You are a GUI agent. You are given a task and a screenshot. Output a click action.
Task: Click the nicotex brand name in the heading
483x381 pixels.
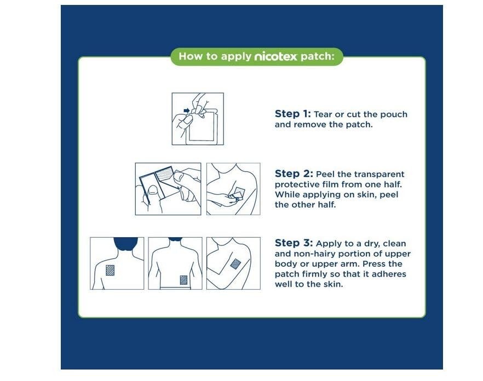(275, 56)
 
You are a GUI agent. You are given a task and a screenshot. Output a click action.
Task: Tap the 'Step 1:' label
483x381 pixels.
(292, 114)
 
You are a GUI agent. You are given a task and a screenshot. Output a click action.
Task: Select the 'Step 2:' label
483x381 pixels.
(294, 174)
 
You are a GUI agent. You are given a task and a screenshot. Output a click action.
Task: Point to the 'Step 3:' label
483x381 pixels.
(294, 243)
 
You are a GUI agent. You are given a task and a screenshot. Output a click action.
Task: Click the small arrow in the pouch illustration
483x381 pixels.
(186, 111)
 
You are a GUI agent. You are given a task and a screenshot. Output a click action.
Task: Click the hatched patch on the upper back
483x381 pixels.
(110, 270)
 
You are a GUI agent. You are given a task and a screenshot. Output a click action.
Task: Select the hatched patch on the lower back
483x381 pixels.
(183, 280)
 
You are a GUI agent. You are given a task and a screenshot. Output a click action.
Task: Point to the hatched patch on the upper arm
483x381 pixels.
(235, 264)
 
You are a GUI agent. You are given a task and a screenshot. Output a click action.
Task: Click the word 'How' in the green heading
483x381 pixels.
(187, 56)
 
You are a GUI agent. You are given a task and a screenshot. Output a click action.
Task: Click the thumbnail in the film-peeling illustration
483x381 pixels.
(153, 190)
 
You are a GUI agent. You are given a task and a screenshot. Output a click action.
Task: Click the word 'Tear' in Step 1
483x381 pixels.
(323, 114)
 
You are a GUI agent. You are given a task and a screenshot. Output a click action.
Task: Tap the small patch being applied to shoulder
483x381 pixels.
(238, 192)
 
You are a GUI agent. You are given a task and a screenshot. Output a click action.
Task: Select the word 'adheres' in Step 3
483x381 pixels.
(389, 274)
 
